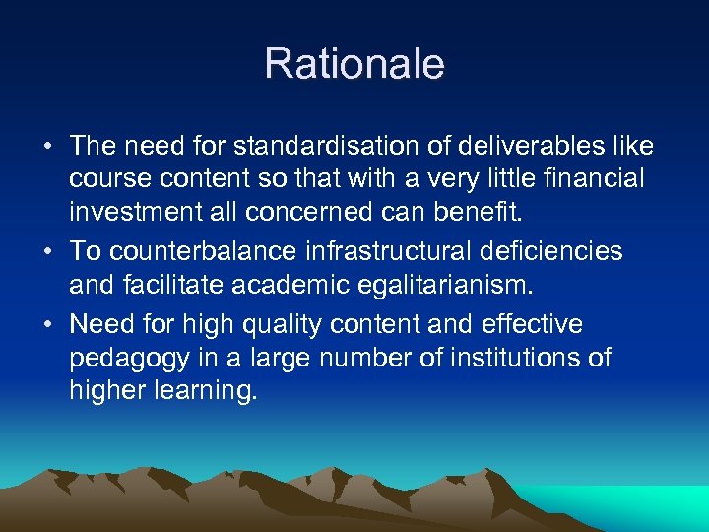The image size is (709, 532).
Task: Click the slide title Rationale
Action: [x=354, y=65]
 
